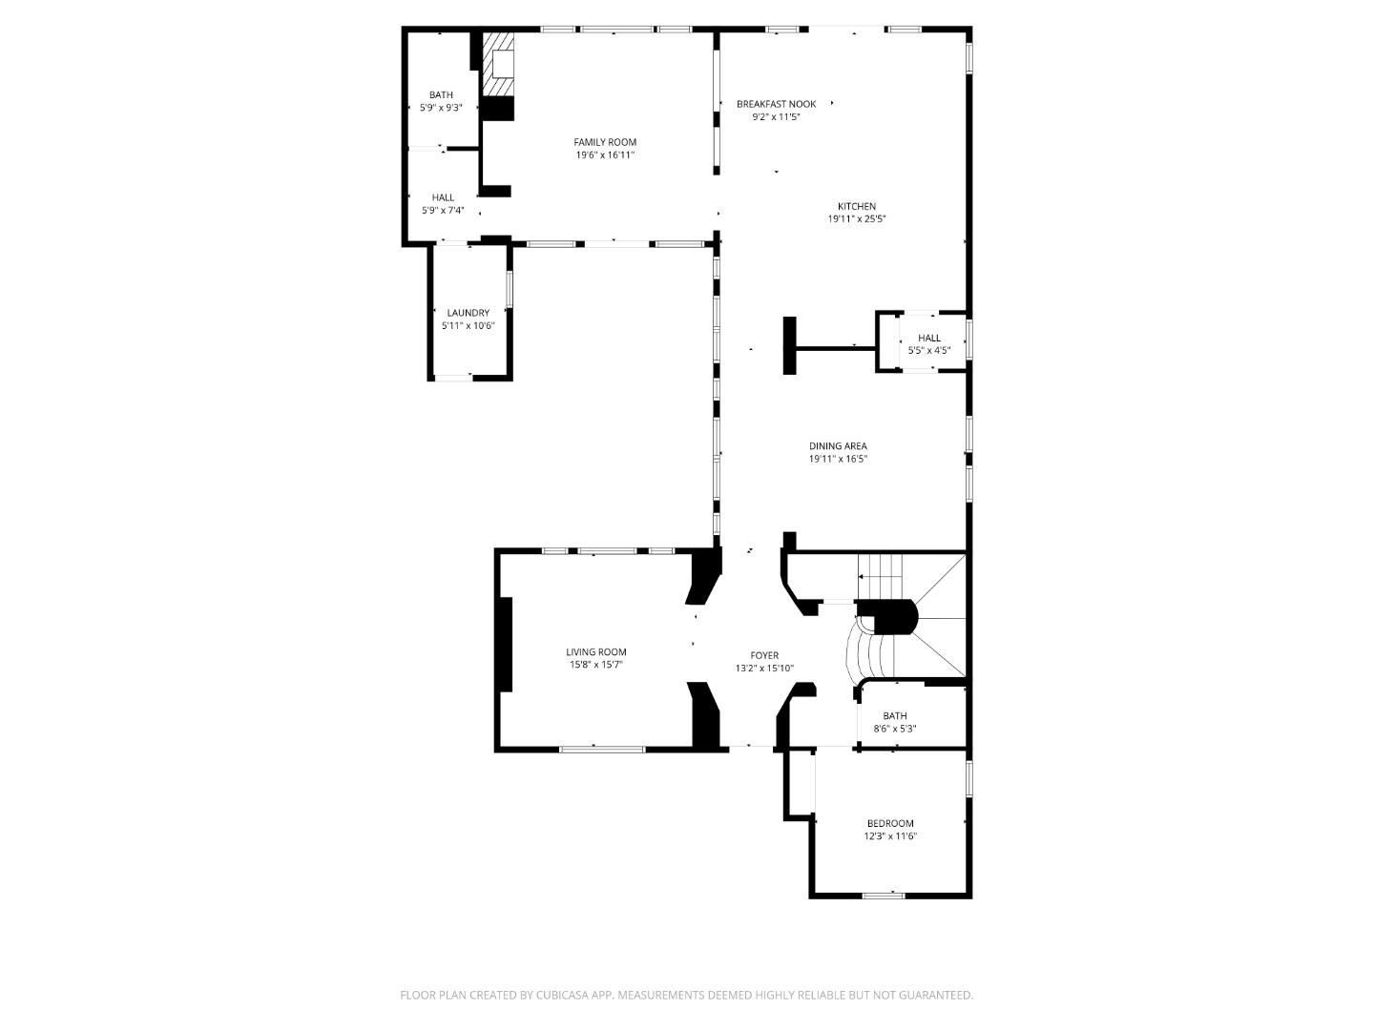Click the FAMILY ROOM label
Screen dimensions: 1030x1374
point(605,142)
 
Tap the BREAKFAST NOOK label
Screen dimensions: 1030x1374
point(776,104)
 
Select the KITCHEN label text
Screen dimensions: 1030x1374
point(857,206)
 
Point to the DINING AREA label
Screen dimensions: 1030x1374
point(838,445)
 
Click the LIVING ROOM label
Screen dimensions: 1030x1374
point(596,652)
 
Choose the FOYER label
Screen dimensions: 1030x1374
point(764,655)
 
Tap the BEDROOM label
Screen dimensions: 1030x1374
point(890,824)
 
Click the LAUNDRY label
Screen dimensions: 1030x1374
point(468,313)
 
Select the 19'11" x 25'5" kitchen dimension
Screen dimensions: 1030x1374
point(857,219)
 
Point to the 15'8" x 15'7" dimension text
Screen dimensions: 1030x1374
point(596,665)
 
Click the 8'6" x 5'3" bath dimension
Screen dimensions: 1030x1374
point(895,729)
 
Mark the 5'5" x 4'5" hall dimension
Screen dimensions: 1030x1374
point(929,350)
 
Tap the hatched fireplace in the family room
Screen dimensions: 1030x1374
point(497,65)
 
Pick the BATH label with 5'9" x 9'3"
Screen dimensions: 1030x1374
point(441,94)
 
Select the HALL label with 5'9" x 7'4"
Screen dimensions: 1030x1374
point(443,197)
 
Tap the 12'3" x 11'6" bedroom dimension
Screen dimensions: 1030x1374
point(890,836)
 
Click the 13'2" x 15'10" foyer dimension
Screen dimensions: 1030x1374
point(764,669)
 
